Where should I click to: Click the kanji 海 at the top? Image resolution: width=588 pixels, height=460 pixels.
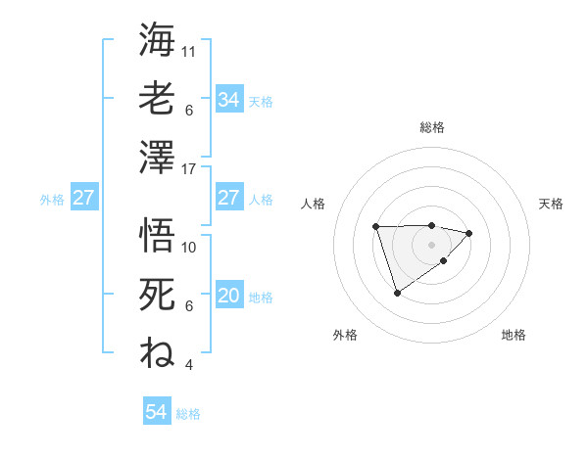157,40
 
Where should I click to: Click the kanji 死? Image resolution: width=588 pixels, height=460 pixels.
157,294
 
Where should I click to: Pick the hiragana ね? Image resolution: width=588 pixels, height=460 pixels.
157,352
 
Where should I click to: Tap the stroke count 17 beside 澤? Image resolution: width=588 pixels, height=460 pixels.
190,168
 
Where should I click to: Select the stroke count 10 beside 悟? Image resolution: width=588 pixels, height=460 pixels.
190,247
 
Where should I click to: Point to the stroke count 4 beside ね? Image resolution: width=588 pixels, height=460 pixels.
188,365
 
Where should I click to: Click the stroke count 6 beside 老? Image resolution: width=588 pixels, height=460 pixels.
188,110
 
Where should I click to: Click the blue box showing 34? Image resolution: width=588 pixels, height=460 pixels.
228,100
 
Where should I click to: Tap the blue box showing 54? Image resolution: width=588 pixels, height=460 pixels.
156,413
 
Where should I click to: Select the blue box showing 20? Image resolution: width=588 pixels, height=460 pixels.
228,297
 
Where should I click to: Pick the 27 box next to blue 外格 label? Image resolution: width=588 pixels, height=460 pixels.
83,199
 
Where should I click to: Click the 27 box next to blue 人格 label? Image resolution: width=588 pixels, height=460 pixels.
228,199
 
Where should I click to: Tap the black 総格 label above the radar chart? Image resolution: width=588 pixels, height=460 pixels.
431,127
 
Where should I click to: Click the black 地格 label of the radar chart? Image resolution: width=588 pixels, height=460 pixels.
514,336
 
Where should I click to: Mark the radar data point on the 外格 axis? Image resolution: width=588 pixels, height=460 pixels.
397,292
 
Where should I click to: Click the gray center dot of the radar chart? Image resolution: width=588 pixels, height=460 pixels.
431,243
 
